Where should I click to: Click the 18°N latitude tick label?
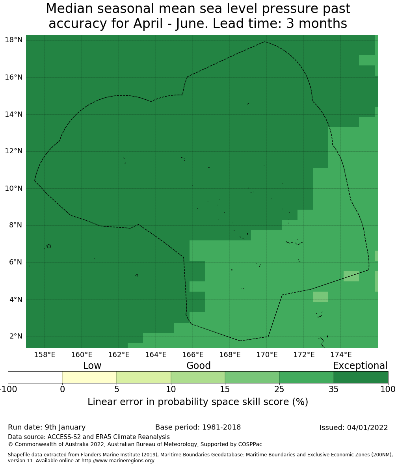tap(13, 40)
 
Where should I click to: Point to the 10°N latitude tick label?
tap(13, 188)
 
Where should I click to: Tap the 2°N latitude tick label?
tap(15, 337)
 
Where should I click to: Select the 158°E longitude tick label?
tap(45, 355)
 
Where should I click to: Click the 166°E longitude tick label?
tap(193, 355)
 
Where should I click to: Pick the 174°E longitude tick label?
tap(341, 355)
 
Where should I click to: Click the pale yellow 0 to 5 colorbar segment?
tap(89, 377)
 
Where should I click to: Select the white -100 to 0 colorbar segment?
tap(35, 377)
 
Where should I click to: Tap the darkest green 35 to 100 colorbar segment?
tap(361, 377)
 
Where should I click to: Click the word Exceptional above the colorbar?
tap(360, 366)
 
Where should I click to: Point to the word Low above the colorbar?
tap(92, 366)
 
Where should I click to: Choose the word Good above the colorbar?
tap(199, 366)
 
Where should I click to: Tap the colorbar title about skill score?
tap(198, 402)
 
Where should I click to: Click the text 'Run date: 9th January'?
tap(46, 427)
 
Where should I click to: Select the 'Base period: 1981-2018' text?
tap(198, 427)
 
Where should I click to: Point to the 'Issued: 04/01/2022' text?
tap(353, 428)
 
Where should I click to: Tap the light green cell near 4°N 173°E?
tap(320, 297)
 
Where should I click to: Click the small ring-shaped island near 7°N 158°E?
tap(48, 246)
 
